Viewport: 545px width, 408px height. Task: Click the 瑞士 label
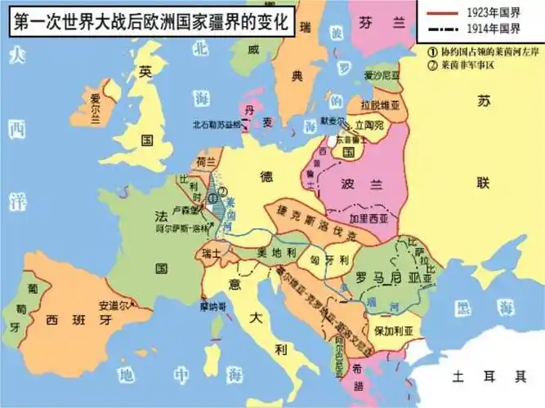click(212, 253)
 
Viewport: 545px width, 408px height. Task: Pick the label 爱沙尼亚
click(382, 76)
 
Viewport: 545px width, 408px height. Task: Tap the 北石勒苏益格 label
click(217, 126)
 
